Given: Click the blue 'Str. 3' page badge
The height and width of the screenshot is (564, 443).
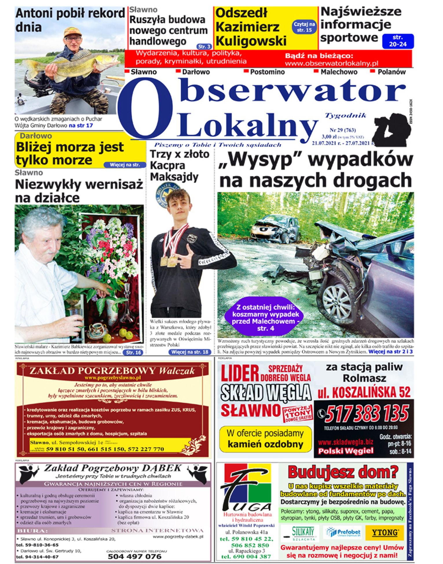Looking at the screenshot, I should (x=204, y=46).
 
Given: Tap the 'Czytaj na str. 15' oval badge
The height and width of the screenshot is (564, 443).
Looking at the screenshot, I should (x=304, y=27).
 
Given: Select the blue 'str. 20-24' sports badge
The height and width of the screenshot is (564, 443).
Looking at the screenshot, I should (x=398, y=41).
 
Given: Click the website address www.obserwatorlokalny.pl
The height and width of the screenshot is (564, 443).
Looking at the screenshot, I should (x=332, y=63).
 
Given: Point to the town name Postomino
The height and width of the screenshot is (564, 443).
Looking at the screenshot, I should (x=267, y=72).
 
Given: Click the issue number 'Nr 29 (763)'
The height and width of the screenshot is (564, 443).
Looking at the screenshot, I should (x=343, y=130).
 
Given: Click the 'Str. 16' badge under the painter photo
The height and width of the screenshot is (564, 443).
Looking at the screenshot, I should (x=133, y=352).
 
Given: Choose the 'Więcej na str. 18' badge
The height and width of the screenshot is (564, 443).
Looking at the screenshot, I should (x=190, y=352).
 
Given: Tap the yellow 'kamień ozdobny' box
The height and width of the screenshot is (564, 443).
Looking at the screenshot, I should (x=265, y=439).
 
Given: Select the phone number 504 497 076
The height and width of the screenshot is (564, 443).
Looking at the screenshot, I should (x=135, y=556).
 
